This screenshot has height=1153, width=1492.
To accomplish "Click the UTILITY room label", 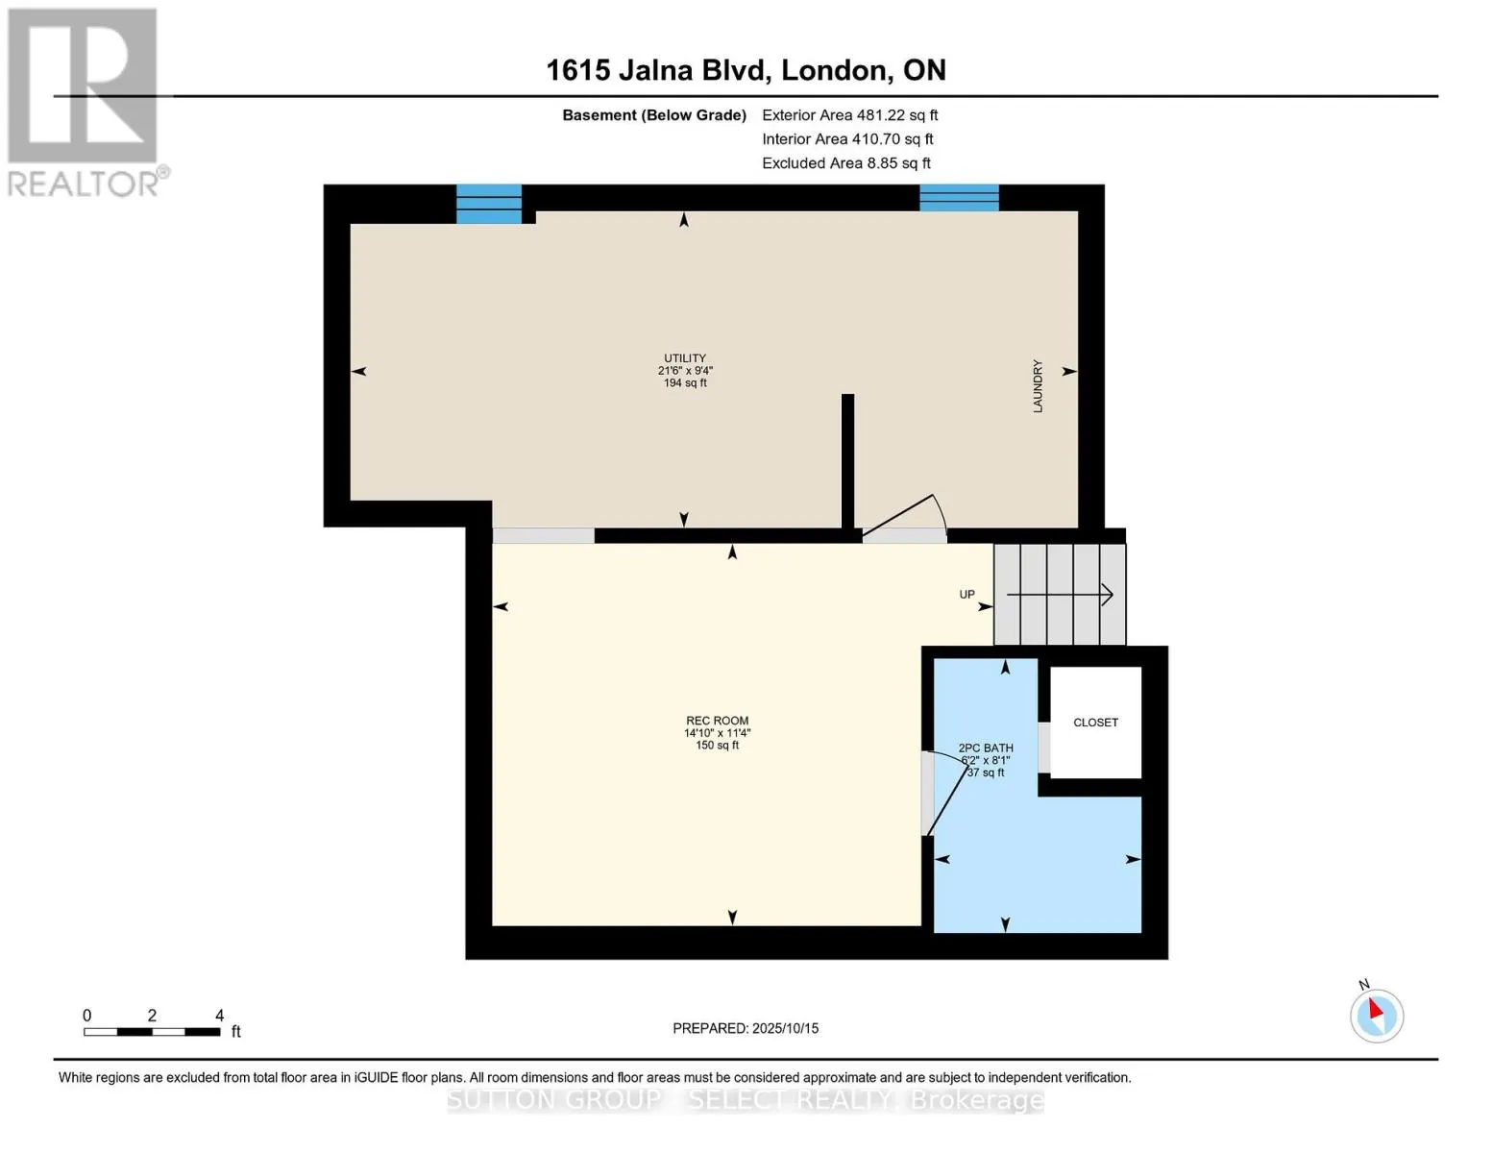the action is (684, 357).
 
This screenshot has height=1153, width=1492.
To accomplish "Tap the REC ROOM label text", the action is (717, 721).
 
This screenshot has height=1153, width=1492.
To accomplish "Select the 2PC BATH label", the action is (986, 748).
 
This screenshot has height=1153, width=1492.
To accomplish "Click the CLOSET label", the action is (1095, 723).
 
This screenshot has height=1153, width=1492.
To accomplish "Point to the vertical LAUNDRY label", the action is (1038, 386).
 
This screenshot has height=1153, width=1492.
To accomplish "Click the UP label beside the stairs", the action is (966, 594).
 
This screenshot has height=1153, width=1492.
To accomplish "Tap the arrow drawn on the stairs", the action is (1060, 594).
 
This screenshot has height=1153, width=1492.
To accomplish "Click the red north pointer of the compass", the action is (1376, 1009).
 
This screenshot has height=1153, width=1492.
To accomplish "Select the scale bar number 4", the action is (220, 1016).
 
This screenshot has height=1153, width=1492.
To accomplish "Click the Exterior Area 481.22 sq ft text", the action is (849, 115).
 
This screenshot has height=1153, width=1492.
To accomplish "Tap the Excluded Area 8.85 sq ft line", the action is (845, 163).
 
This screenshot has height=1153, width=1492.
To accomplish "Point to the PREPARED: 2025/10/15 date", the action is (746, 1028).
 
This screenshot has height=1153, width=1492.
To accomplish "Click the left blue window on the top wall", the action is (489, 204).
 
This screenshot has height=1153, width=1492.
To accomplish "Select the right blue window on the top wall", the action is (959, 198).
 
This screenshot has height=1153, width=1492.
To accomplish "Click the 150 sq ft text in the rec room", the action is (717, 745).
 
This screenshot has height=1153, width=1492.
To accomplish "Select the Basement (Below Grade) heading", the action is (653, 115).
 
